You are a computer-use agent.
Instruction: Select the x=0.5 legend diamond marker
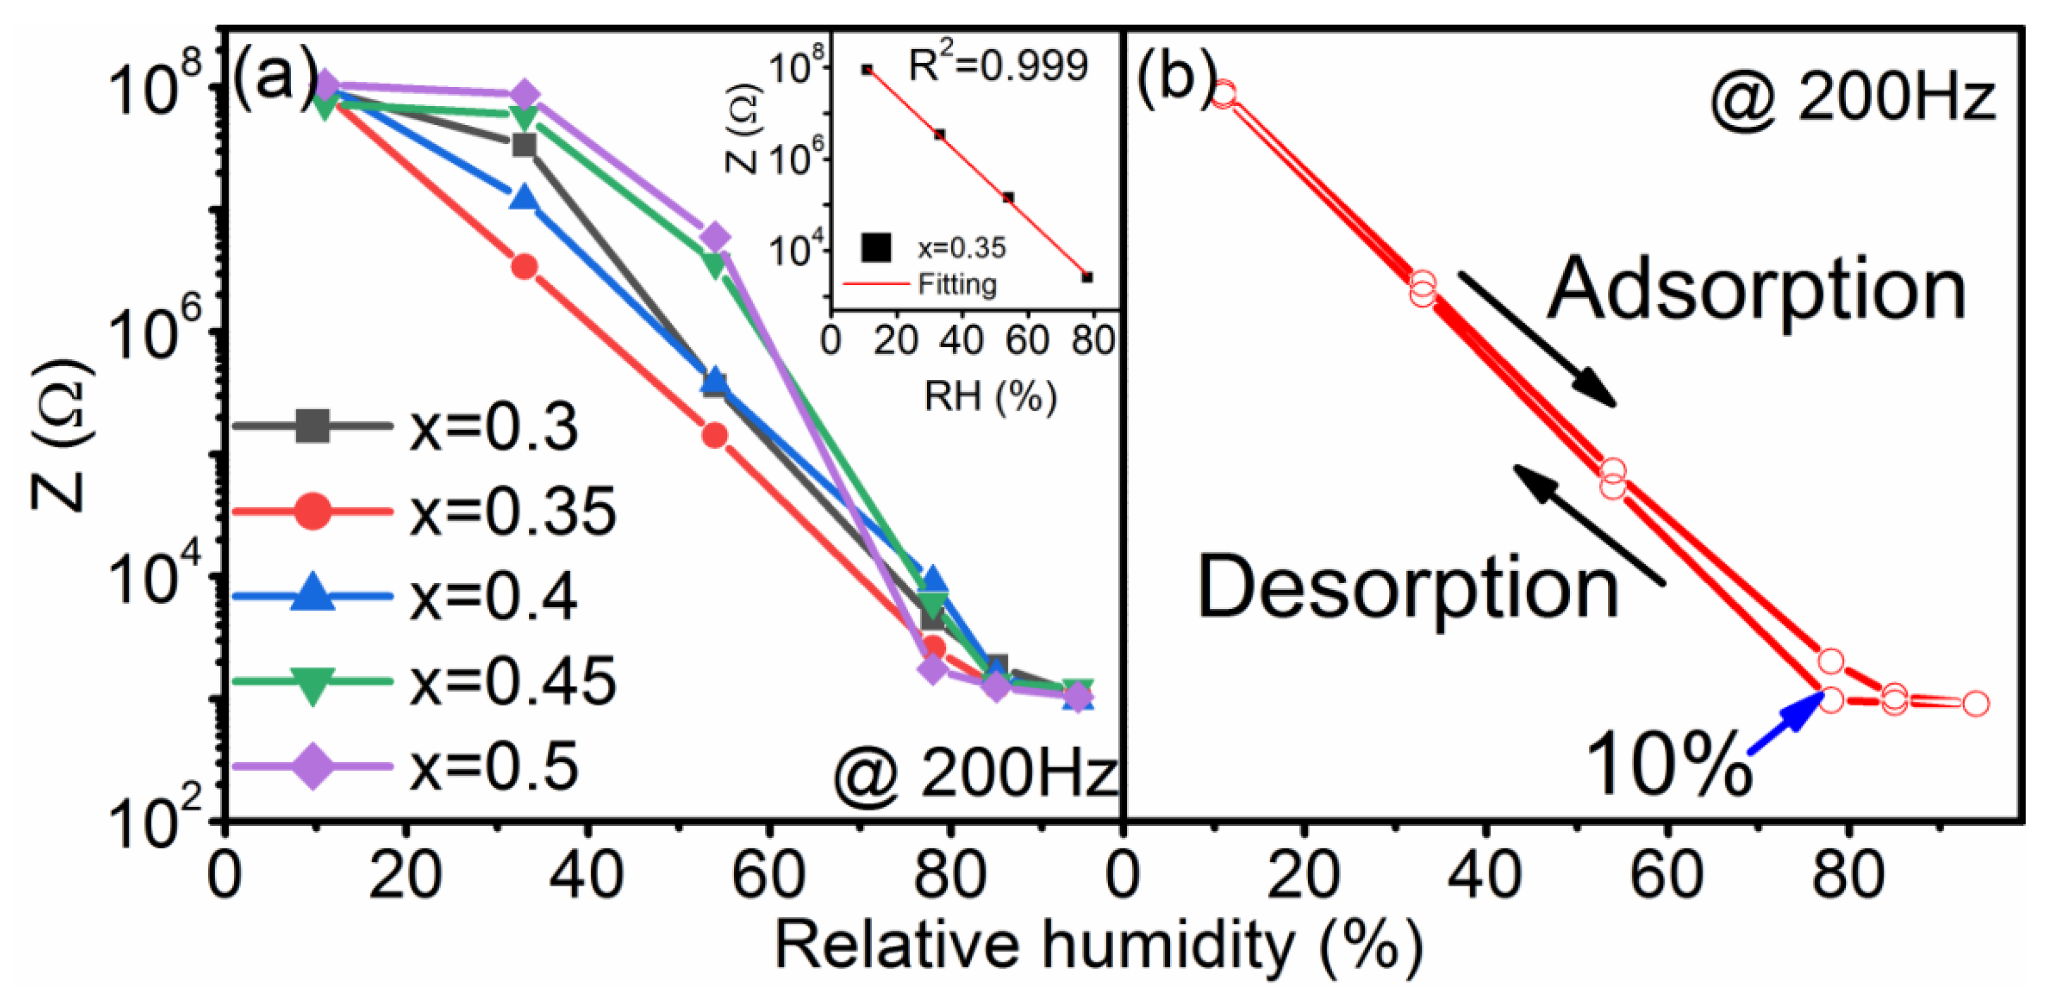[312, 766]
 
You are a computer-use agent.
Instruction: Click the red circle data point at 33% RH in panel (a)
[523, 266]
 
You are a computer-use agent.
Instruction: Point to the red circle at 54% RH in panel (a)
[714, 434]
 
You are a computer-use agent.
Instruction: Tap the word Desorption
[1408, 587]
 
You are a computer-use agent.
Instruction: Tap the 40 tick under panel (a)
[587, 875]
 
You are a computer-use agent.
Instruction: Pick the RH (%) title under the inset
[989, 396]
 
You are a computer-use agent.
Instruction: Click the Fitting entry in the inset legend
[956, 284]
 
